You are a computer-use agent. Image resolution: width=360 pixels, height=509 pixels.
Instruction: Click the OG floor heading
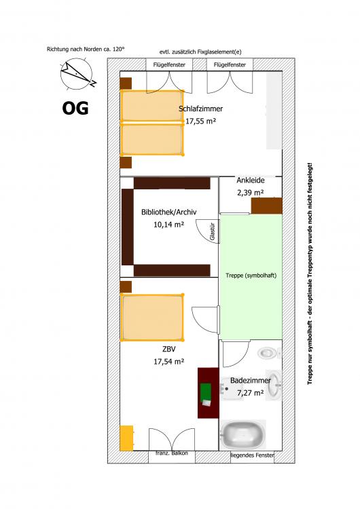tap(75, 108)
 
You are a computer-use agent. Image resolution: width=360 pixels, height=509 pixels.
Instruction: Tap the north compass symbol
tap(77, 75)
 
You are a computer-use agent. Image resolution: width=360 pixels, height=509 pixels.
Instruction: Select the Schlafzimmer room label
tap(201, 109)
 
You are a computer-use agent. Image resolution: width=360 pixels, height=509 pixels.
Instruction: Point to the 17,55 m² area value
tap(201, 121)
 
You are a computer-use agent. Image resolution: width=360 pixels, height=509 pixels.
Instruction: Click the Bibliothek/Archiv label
tap(169, 212)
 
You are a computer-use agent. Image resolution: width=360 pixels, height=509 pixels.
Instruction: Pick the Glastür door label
tap(213, 231)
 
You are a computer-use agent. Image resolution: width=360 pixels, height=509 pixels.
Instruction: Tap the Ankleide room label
tap(251, 180)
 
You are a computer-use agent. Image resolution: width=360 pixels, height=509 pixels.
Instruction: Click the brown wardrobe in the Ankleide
tap(266, 206)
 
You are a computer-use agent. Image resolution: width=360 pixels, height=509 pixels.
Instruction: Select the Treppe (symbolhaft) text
tap(251, 276)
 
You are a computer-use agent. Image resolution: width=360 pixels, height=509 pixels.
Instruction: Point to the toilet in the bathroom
tap(270, 353)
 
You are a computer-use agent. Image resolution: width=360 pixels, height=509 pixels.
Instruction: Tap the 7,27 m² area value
tap(250, 393)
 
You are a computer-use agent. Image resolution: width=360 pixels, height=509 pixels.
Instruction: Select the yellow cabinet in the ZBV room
tap(126, 438)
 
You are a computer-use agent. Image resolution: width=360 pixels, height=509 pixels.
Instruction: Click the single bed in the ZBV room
tap(152, 318)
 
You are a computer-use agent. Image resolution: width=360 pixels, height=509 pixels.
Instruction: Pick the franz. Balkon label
tap(172, 453)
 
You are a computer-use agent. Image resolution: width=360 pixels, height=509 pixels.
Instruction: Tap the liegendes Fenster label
tap(252, 455)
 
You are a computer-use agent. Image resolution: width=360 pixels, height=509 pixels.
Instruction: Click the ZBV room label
tap(169, 350)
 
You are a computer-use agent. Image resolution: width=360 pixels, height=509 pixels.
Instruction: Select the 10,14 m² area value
tap(169, 225)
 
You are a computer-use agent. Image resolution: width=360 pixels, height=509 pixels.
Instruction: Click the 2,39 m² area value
tap(250, 193)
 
